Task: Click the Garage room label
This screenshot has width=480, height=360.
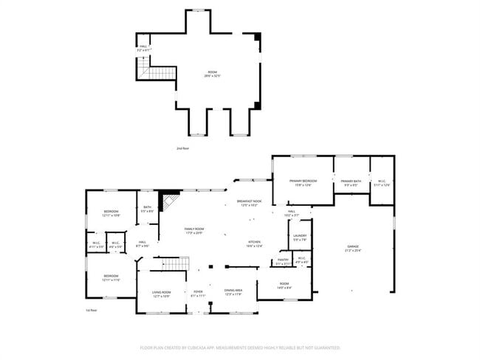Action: point(353,249)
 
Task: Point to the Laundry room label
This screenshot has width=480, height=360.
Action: point(300,238)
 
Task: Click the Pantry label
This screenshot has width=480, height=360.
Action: point(283,261)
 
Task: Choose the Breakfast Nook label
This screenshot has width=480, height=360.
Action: point(249,203)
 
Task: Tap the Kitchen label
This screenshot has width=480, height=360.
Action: point(254,244)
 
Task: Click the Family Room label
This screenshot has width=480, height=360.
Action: point(193,231)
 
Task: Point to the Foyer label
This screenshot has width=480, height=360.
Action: point(198,293)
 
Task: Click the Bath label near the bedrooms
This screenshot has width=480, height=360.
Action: point(147,209)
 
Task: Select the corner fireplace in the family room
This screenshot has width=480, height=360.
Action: point(170,200)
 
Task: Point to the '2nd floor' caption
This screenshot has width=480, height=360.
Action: point(182,148)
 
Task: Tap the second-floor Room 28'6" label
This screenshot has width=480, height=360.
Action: point(213,74)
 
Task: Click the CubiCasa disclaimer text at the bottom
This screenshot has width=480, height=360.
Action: point(240,346)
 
